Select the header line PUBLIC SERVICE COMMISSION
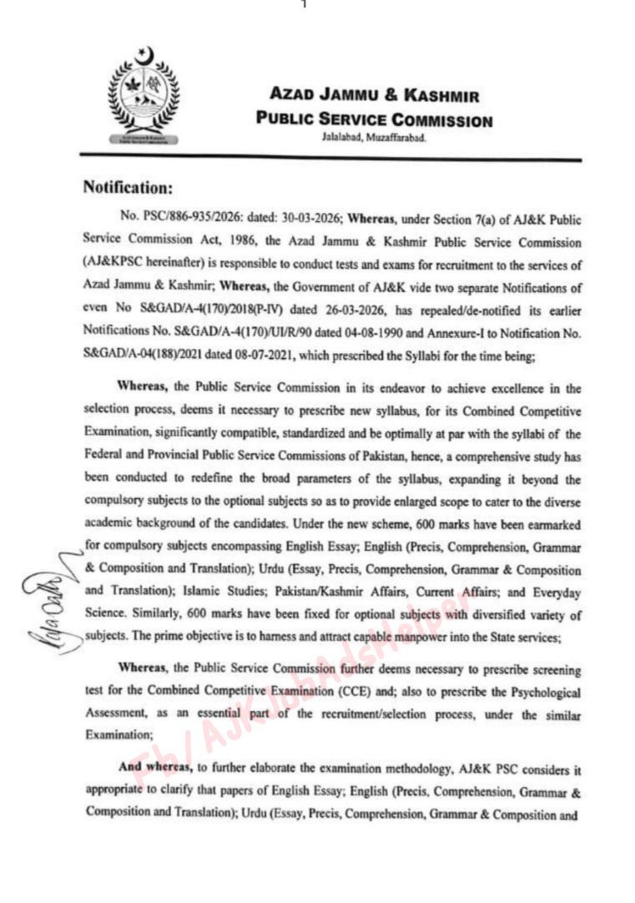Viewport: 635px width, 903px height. [x=375, y=120]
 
